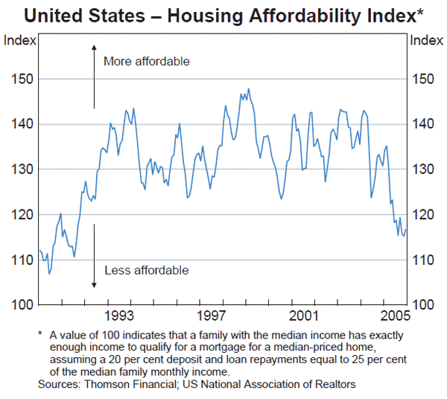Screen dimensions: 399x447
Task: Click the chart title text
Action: [x=223, y=14]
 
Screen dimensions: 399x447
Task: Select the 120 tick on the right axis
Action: [x=422, y=215]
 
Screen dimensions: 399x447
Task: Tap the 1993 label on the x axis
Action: [x=119, y=314]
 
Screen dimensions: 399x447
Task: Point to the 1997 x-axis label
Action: [x=212, y=314]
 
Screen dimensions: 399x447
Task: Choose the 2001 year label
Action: [x=304, y=314]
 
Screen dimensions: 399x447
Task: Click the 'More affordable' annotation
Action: [x=147, y=61]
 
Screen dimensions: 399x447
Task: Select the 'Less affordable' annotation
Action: [x=146, y=270]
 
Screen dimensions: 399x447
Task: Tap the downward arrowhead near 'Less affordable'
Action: [x=95, y=284]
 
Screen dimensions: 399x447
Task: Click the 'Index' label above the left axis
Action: [x=19, y=40]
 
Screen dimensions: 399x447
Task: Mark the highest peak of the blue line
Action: [x=248, y=89]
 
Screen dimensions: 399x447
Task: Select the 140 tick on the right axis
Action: [x=422, y=125]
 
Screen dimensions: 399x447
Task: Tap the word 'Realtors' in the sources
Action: [x=334, y=384]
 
